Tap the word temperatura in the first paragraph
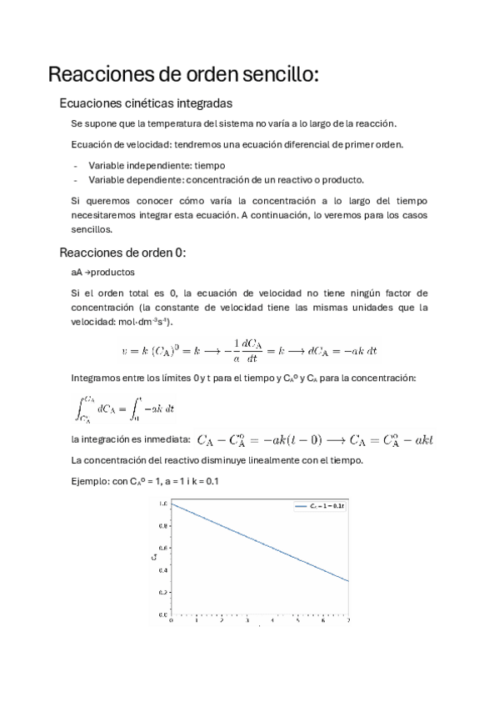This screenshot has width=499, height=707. click(x=178, y=124)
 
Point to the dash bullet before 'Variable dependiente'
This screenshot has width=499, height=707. click(x=75, y=179)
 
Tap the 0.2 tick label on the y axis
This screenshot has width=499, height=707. click(x=164, y=592)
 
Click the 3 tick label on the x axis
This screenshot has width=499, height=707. click(x=247, y=620)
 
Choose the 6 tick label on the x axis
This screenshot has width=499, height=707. click(x=323, y=620)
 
